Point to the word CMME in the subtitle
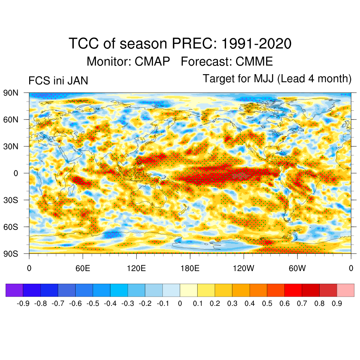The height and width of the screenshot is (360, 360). pos(254,62)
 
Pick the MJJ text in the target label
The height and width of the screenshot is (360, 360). pos(264,79)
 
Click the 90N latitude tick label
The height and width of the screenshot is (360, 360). pos(11,93)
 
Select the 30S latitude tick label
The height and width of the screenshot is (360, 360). pos(11,200)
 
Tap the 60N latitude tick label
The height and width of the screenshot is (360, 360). pos(11,120)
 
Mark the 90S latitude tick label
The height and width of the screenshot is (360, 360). pos(11,253)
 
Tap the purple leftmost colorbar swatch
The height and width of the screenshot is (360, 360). pos(14,290)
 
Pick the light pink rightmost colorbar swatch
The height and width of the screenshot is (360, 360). pos(345,290)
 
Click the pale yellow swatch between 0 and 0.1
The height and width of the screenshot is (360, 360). pos(188,290)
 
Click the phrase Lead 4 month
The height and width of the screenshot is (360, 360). pos(315,79)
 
